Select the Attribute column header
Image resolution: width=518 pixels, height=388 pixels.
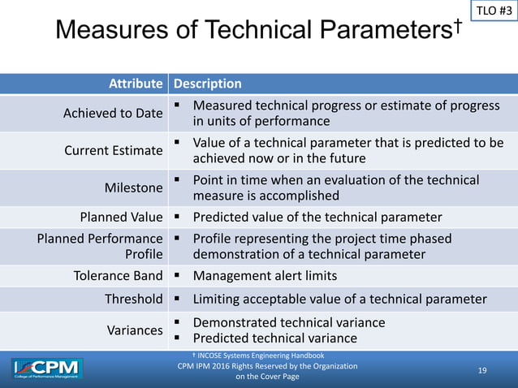pyautogui.click(x=133, y=84)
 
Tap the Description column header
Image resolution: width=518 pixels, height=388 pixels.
pyautogui.click(x=207, y=84)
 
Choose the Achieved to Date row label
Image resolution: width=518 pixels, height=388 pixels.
pyautogui.click(x=113, y=114)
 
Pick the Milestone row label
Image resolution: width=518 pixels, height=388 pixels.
pyautogui.click(x=134, y=188)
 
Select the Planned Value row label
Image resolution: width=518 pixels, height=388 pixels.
pyautogui.click(x=121, y=217)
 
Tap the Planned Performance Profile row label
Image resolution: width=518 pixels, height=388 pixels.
pyautogui.click(x=100, y=246)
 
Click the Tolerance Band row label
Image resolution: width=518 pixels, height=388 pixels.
pyautogui.click(x=119, y=276)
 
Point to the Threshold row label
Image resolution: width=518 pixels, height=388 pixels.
pyautogui.click(x=133, y=299)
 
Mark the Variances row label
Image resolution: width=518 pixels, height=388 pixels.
pyautogui.click(x=135, y=330)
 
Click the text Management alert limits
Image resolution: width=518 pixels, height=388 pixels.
pyautogui.click(x=265, y=276)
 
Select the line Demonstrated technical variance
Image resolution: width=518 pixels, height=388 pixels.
pyautogui.click(x=288, y=322)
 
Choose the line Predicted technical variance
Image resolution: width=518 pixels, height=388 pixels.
pyautogui.click(x=274, y=338)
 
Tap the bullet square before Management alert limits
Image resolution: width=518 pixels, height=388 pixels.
pyautogui.click(x=176, y=275)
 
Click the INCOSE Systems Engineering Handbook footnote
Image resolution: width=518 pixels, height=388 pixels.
pyautogui.click(x=257, y=356)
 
